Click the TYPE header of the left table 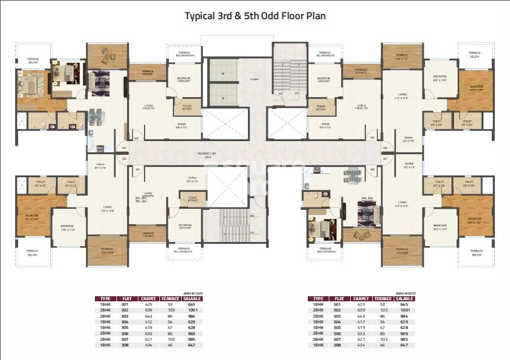point(105,298)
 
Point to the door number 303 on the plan point(124,149)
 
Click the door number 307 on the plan point(385,159)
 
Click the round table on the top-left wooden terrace point(105,55)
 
